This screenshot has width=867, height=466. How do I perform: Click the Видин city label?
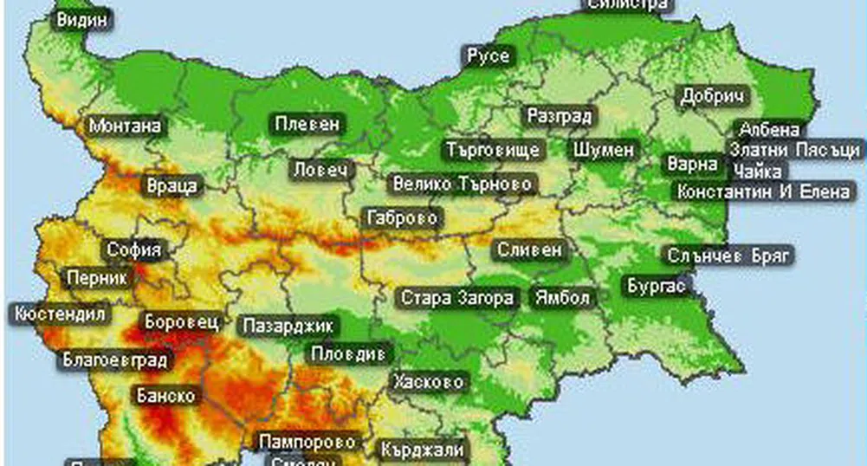coord(84,19)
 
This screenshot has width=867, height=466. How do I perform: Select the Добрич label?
coord(714,96)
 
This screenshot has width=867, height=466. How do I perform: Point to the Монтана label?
coord(125,126)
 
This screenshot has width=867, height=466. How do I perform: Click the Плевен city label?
coord(307,125)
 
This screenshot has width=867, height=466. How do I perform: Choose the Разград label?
coord(559,116)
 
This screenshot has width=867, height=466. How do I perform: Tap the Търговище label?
coord(494,150)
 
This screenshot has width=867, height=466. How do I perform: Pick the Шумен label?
coord(604,150)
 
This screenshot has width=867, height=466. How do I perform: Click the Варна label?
coord(692,164)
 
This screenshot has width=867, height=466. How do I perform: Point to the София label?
coord(134,251)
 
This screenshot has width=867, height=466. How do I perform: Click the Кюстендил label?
coord(60,314)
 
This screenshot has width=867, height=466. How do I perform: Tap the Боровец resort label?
coord(181,321)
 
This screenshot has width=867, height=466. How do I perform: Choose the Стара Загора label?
coord(457,299)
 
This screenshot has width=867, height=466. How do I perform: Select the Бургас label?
coord(656,284)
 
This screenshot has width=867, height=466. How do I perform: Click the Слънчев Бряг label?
coord(729,256)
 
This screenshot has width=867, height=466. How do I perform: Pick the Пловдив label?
coord(352,353)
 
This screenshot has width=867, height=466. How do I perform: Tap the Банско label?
coord(166,396)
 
